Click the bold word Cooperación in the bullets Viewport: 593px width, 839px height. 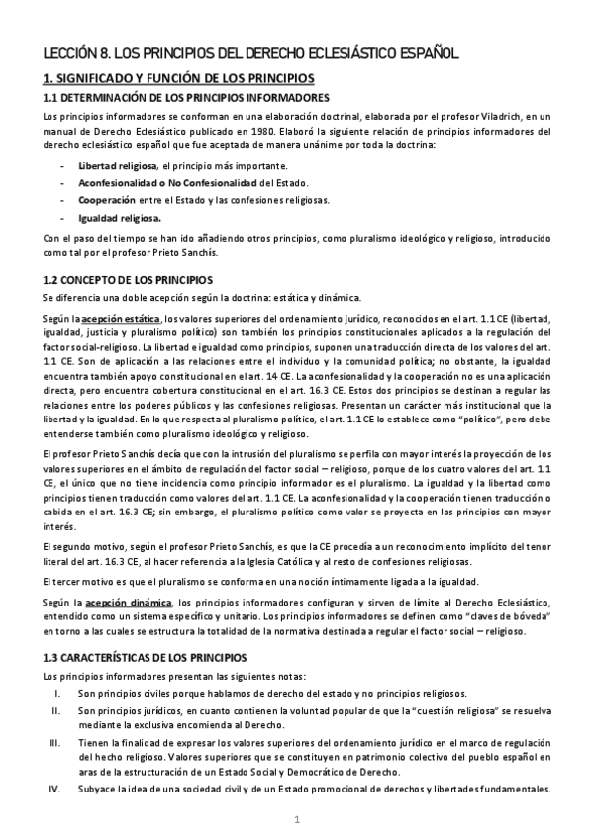click(107, 200)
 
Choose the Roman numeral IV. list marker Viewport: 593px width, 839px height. click(55, 788)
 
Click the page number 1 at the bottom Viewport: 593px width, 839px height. click(296, 819)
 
